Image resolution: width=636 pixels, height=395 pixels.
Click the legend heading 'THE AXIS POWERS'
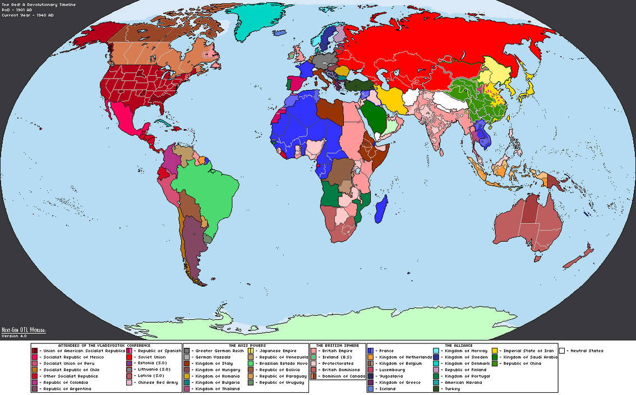(x=246, y=346)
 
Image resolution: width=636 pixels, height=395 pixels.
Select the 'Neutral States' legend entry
(x=586, y=351)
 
